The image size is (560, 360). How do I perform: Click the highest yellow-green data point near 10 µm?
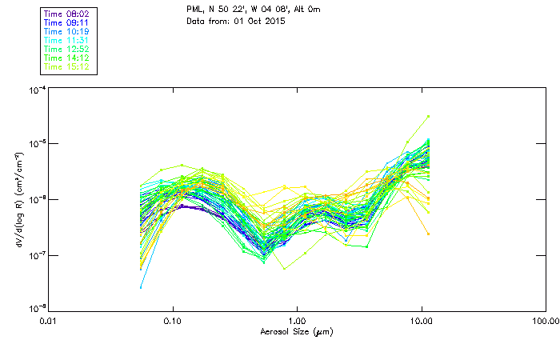[429, 116]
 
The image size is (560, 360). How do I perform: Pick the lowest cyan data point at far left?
[142, 287]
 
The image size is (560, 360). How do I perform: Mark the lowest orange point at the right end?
[429, 234]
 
